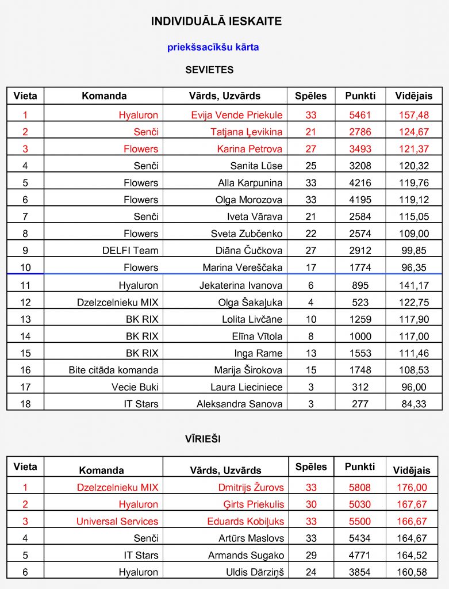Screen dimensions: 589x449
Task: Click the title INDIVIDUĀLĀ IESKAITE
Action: point(216,22)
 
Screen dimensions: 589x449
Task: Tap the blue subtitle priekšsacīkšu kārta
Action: point(213,47)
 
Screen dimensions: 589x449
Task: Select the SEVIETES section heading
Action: point(209,70)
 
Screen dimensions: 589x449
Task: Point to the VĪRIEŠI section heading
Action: point(203,439)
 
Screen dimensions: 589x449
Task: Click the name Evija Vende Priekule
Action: point(237,115)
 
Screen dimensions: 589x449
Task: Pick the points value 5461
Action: point(360,115)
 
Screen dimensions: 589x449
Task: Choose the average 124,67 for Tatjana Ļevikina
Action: point(413,132)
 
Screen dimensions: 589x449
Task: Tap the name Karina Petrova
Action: point(250,149)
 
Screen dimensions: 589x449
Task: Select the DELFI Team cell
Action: point(130,251)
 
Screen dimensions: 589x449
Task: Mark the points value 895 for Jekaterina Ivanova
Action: point(360,285)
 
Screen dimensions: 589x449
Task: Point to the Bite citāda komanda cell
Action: point(113,370)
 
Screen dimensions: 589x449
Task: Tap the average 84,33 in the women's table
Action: point(413,404)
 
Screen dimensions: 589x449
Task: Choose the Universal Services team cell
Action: point(117,522)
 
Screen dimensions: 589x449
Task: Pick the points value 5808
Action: point(360,488)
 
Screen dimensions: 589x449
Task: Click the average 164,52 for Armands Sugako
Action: point(413,556)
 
